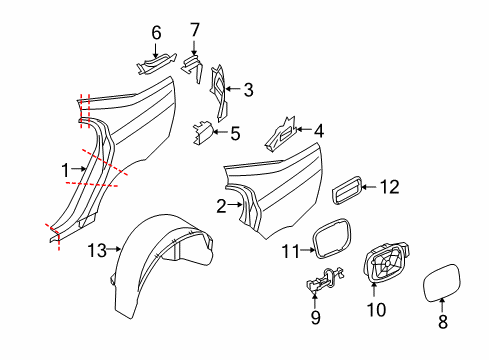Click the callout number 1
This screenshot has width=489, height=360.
click(67, 169)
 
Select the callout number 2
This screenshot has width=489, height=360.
click(221, 207)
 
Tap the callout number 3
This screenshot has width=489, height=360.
click(247, 90)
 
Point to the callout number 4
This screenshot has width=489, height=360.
click(318, 130)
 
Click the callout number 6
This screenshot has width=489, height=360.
click(156, 32)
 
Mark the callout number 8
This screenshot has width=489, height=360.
click(444, 323)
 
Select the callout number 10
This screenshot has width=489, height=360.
click(375, 310)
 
